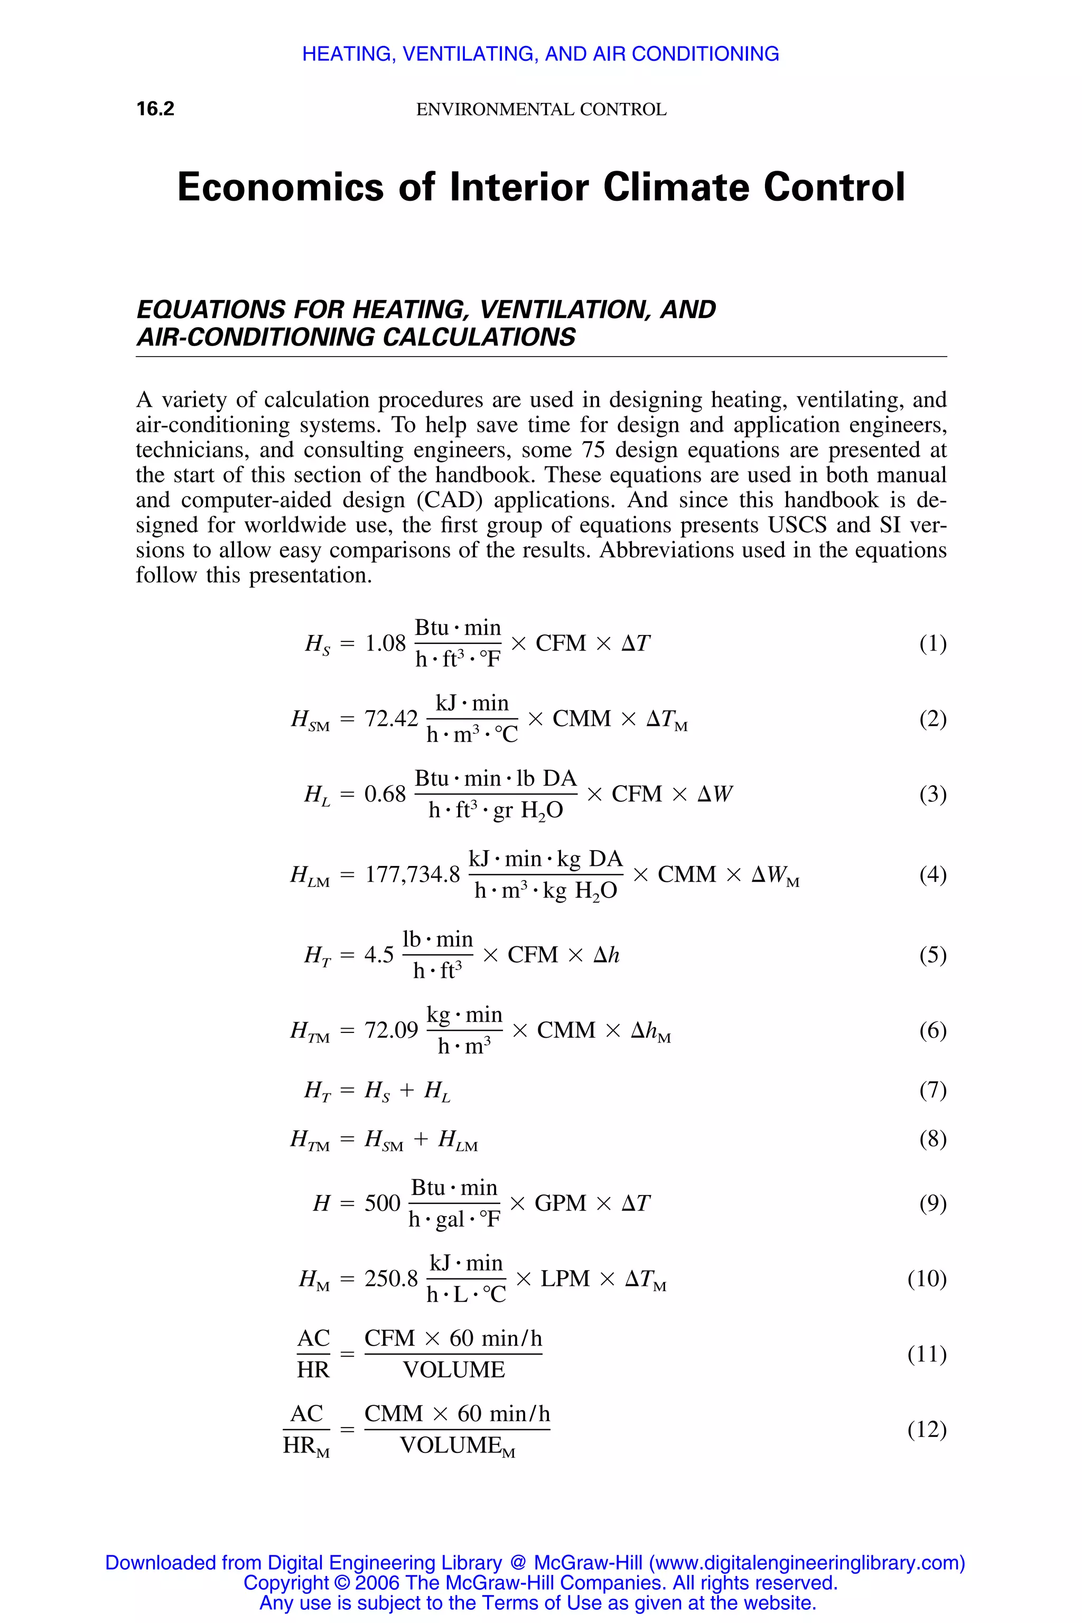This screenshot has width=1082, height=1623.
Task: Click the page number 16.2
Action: [155, 109]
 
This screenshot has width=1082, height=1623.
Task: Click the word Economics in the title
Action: [280, 187]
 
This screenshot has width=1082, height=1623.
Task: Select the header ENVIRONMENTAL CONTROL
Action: [541, 110]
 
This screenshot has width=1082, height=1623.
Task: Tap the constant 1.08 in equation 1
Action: [385, 644]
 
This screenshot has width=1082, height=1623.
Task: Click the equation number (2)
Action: [932, 719]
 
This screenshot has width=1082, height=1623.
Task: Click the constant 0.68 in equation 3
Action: [385, 794]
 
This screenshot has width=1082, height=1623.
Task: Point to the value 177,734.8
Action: [412, 875]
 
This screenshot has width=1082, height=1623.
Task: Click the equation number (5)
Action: [932, 955]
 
